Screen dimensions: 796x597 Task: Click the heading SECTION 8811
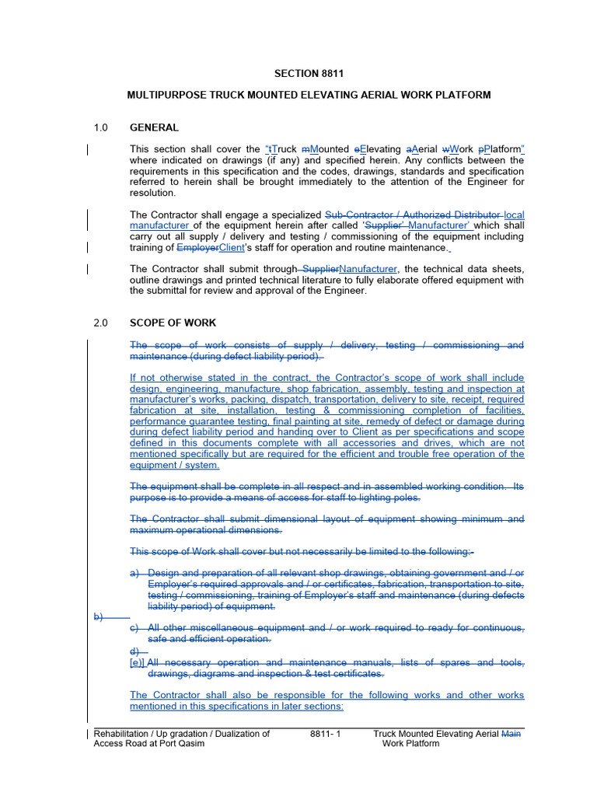click(309, 74)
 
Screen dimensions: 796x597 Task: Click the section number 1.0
click(100, 127)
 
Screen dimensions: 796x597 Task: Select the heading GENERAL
click(154, 127)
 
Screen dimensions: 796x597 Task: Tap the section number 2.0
click(100, 323)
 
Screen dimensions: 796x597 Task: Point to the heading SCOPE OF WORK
click(173, 323)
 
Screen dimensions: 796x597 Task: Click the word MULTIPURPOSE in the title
click(163, 95)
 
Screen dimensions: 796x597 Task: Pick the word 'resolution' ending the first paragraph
click(152, 193)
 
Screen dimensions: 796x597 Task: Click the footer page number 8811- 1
click(325, 733)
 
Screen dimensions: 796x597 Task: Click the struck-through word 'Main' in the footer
click(513, 733)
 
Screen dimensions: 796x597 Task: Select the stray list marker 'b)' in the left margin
click(99, 616)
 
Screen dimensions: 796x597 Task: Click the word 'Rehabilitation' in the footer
click(124, 733)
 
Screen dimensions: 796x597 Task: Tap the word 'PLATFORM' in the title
click(463, 95)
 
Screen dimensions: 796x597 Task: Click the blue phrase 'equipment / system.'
click(175, 465)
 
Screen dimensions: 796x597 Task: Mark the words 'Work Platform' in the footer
click(410, 743)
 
